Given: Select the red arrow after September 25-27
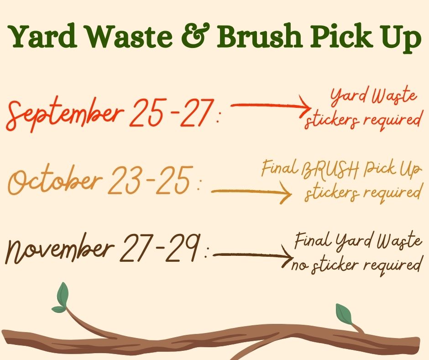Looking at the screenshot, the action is [271, 106].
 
